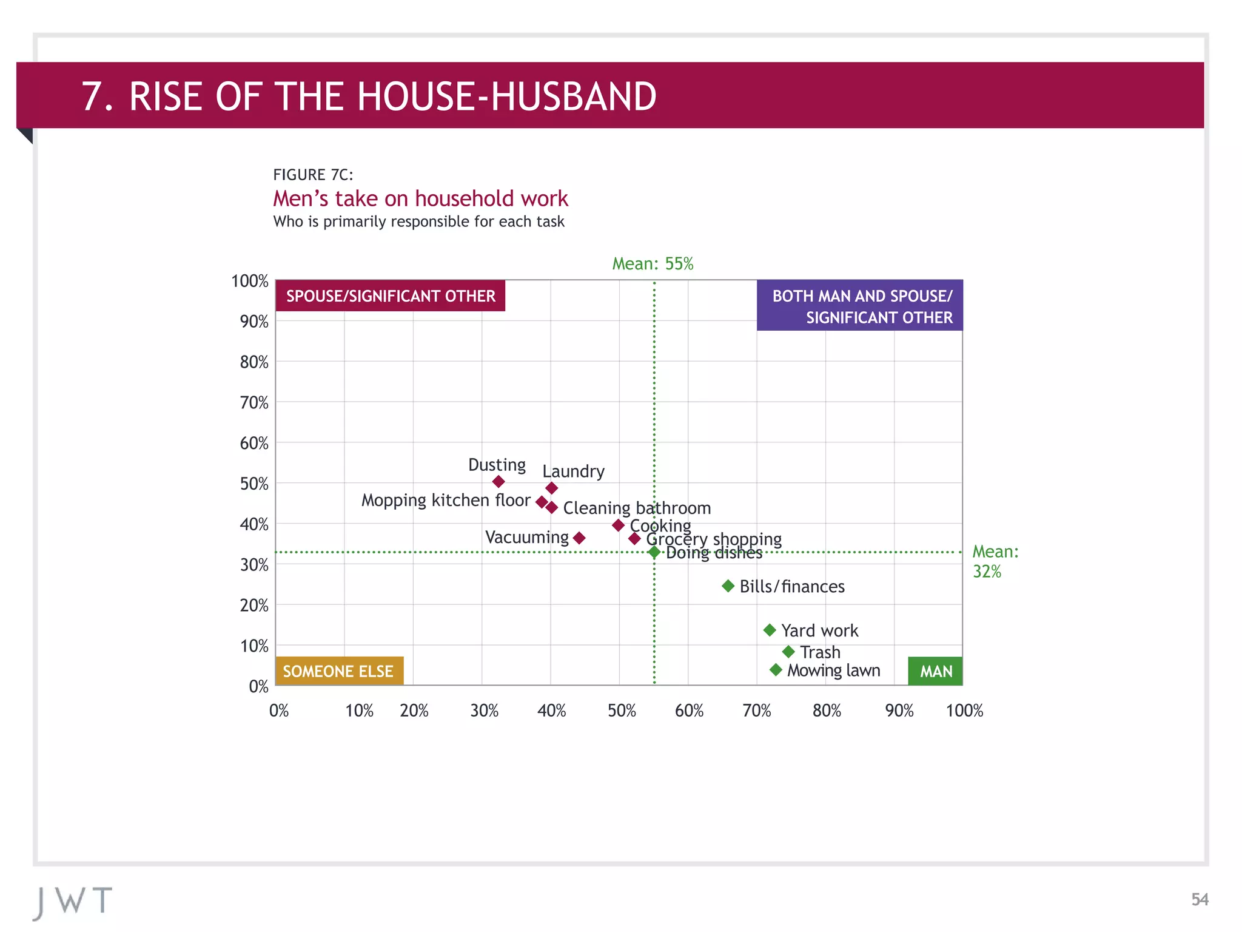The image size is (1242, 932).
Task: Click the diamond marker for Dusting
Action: click(498, 482)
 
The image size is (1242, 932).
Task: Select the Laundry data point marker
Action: click(551, 488)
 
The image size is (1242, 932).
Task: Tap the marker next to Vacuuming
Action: click(579, 538)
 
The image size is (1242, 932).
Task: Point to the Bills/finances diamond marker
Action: click(728, 586)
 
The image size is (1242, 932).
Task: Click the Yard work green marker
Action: click(770, 630)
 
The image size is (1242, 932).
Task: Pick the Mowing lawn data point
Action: click(776, 670)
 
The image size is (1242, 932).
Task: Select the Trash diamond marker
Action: click(788, 652)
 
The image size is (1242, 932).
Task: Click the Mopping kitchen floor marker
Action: click(542, 502)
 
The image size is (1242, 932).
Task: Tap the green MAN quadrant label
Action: click(935, 671)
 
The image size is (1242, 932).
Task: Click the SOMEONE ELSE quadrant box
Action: click(339, 671)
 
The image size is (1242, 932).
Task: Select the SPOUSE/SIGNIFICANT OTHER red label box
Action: click(391, 296)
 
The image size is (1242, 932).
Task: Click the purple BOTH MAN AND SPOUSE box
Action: click(859, 306)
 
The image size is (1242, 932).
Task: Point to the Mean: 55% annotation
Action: click(653, 264)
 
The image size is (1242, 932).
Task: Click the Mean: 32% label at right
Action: click(995, 561)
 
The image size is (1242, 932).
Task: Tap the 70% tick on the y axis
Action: click(254, 403)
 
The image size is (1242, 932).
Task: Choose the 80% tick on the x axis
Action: click(827, 711)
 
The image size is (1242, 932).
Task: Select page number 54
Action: click(1199, 899)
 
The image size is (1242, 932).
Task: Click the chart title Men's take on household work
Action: click(420, 199)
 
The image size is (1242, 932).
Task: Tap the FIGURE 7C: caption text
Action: click(313, 175)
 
